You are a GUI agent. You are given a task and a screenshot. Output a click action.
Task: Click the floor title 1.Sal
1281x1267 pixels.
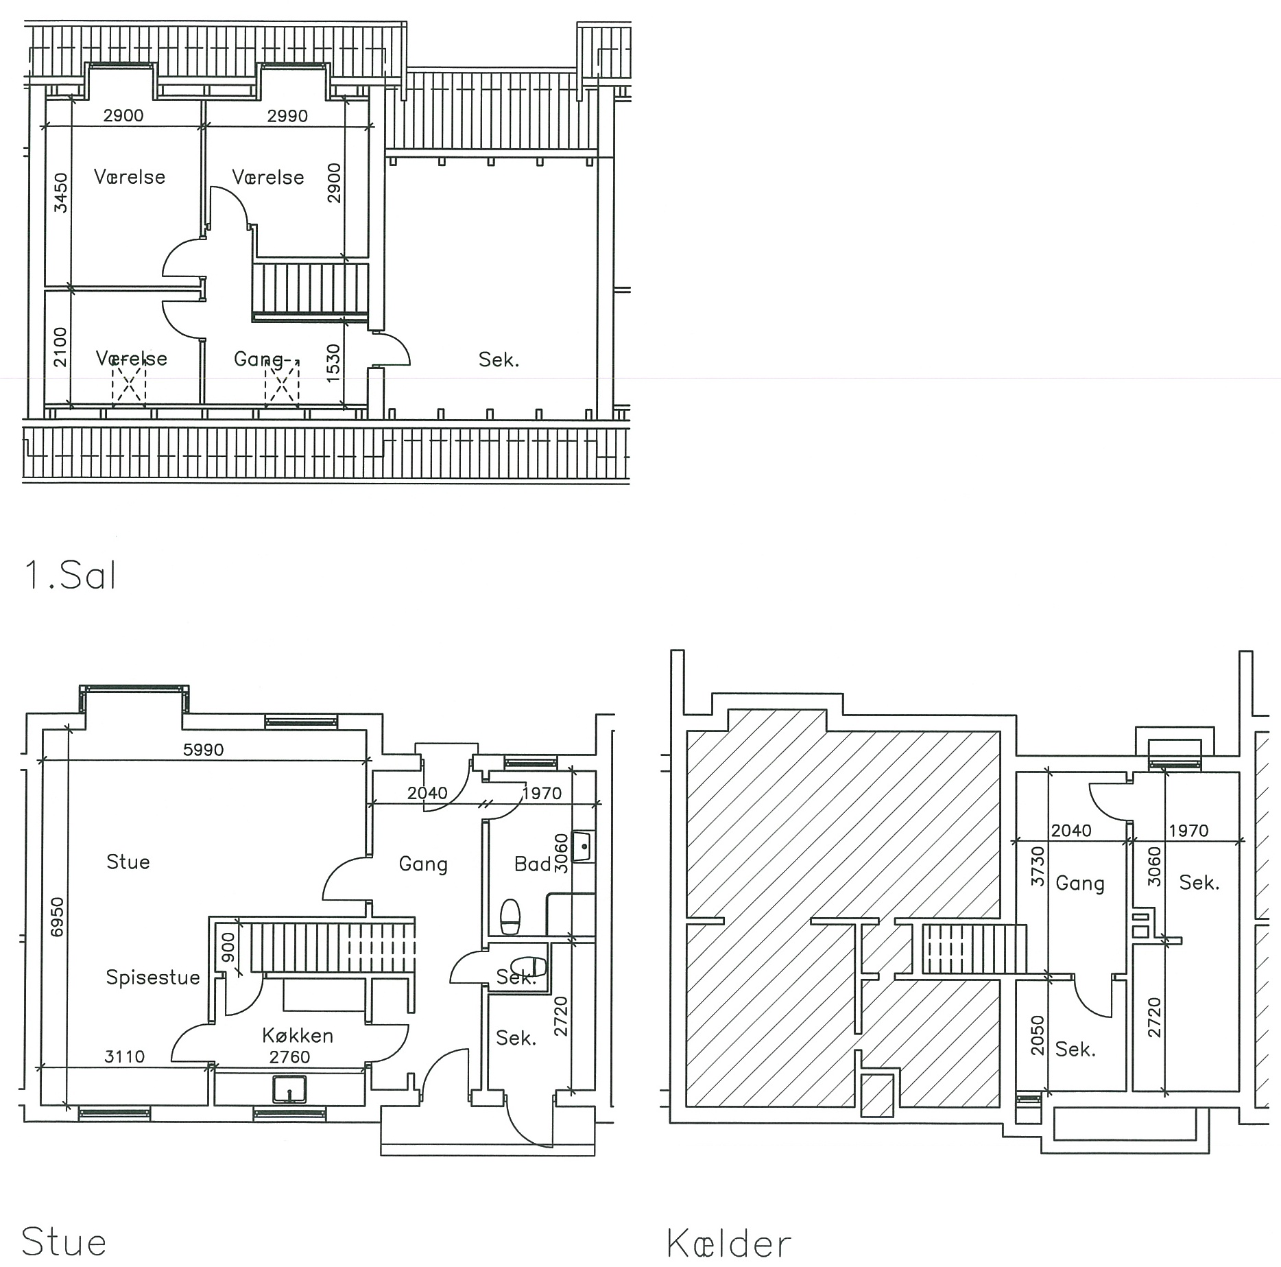[x=70, y=576]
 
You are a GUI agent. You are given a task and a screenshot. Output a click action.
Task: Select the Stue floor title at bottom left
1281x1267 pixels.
[x=64, y=1242]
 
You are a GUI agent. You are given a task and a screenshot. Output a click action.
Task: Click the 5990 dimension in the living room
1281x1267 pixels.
[x=204, y=750]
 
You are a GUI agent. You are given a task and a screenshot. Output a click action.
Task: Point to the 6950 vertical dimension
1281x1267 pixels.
[x=57, y=916]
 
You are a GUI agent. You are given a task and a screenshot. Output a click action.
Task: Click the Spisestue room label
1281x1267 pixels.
[x=153, y=977]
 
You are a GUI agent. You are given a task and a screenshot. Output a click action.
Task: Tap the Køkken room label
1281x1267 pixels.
[x=298, y=1035]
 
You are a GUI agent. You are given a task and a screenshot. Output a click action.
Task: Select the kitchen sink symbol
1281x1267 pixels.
[x=289, y=1089]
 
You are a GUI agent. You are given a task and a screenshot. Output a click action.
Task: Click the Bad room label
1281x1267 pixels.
[x=533, y=864]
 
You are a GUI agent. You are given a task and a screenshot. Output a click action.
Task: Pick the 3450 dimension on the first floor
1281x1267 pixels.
[x=61, y=193]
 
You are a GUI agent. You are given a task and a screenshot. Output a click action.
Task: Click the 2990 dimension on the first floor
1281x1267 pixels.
[x=287, y=116]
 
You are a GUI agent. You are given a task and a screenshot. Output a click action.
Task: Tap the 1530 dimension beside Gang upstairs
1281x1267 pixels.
[x=333, y=363]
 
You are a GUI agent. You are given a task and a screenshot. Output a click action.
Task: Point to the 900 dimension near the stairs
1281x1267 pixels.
[x=228, y=947]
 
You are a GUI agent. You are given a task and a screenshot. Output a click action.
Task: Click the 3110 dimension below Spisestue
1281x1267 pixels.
[x=124, y=1056]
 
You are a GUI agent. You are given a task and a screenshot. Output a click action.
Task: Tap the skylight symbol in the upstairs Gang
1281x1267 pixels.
[x=282, y=383]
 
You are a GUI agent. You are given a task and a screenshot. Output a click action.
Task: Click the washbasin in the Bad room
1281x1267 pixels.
[x=582, y=846]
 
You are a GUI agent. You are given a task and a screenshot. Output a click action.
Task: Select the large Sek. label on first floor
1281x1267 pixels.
[x=499, y=359]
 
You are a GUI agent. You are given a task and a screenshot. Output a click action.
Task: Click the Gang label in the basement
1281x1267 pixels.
[x=1080, y=884]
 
